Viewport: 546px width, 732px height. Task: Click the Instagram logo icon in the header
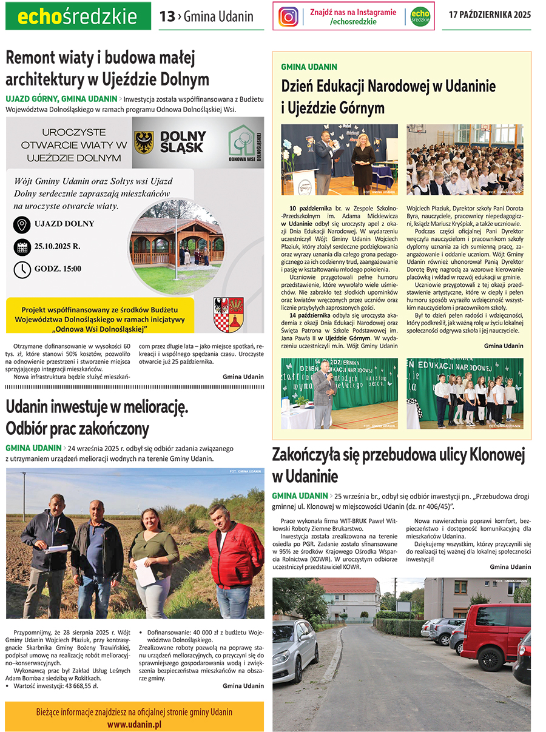(x=288, y=16)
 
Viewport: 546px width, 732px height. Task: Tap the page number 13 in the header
(x=167, y=17)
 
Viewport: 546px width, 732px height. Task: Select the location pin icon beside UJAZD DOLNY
(x=22, y=224)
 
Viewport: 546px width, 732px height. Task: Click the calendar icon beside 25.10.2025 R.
(x=22, y=247)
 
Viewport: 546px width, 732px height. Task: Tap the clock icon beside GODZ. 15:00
(x=22, y=269)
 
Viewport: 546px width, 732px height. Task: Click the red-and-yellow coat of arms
(x=229, y=314)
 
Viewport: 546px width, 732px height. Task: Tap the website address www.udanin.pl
(x=134, y=724)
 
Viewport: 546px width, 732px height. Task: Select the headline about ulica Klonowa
(x=398, y=465)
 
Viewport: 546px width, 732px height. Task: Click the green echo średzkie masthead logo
(x=78, y=16)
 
